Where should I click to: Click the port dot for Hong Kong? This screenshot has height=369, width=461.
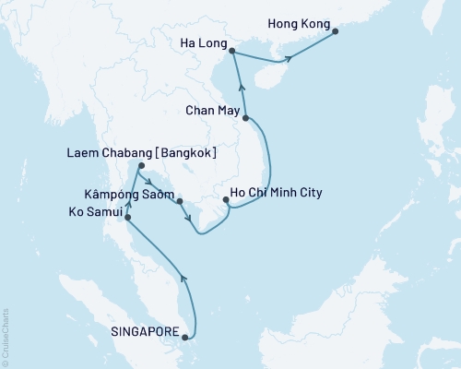pos(335,31)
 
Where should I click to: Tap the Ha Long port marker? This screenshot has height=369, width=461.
pos(230,52)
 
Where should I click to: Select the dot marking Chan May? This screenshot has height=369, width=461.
pos(246,118)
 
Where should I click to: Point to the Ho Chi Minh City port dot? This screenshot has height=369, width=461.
pos(227,198)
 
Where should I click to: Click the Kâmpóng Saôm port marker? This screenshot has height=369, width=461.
pos(180,200)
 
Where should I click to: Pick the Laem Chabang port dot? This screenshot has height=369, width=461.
pos(139,167)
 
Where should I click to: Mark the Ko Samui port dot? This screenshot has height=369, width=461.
pos(127,218)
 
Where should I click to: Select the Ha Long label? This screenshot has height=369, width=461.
pos(204,41)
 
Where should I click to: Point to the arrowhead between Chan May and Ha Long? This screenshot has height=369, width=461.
pos(242,89)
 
